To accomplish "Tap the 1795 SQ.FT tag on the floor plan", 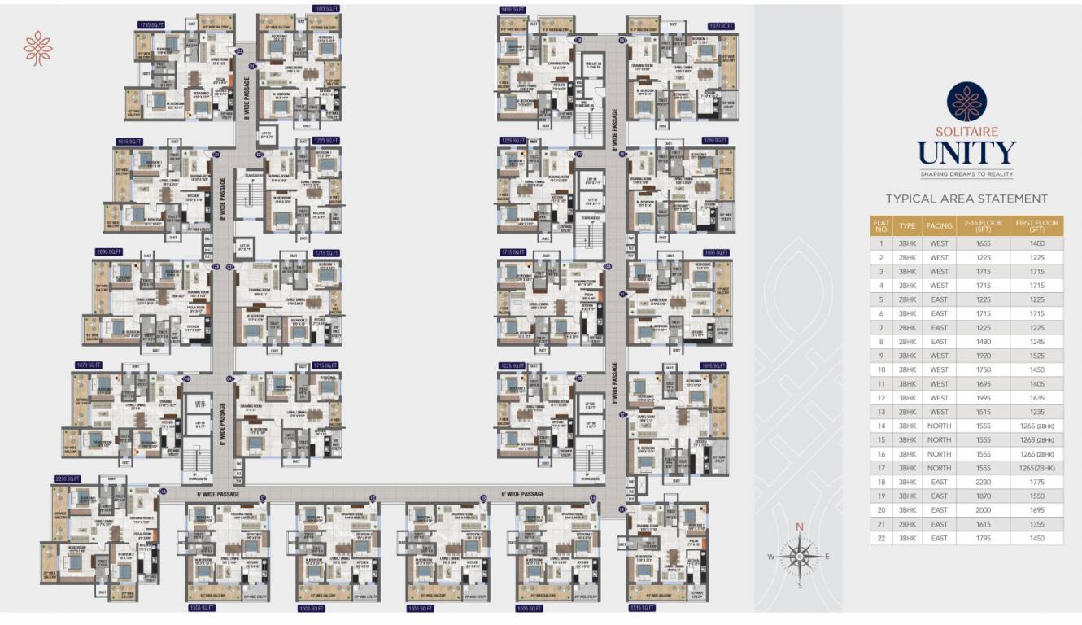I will pyautogui.click(x=151, y=25).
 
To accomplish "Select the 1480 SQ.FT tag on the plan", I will pyautogui.click(x=513, y=10).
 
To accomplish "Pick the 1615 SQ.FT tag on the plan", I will pyautogui.click(x=129, y=141).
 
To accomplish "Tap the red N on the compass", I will pyautogui.click(x=799, y=527).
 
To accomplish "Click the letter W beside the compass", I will pyautogui.click(x=770, y=557).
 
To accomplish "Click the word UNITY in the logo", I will pyautogui.click(x=966, y=153).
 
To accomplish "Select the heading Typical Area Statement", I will pyautogui.click(x=966, y=199).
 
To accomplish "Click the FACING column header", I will pyautogui.click(x=939, y=225).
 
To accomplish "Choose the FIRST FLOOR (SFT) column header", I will pyautogui.click(x=1036, y=225).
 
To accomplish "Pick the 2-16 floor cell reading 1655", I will pyautogui.click(x=983, y=243).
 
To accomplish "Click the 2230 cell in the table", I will pyautogui.click(x=983, y=482).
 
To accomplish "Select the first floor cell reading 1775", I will pyautogui.click(x=1036, y=482).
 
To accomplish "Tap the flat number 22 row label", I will pyautogui.click(x=880, y=538).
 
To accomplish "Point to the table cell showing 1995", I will pyautogui.click(x=983, y=398).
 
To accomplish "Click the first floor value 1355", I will pyautogui.click(x=1036, y=524).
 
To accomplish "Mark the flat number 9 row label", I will pyautogui.click(x=880, y=356).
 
